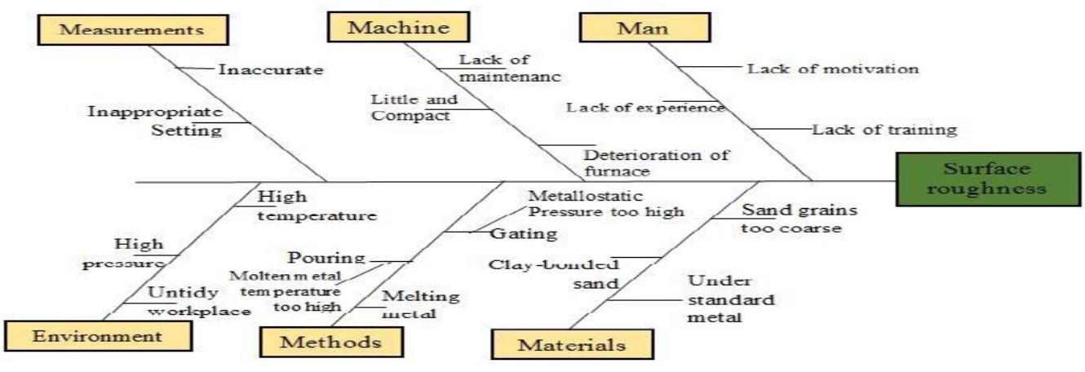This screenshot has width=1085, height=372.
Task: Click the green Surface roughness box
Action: tap(986, 179)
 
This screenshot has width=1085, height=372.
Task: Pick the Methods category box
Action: tap(330, 342)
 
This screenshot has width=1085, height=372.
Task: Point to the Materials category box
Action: tap(572, 345)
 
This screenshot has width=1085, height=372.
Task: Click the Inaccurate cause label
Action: tap(270, 69)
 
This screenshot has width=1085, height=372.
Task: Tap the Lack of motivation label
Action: tap(833, 69)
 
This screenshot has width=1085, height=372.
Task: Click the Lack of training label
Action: tap(884, 129)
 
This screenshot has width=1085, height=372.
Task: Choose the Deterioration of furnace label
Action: tap(656, 162)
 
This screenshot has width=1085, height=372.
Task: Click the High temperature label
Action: tap(317, 207)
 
